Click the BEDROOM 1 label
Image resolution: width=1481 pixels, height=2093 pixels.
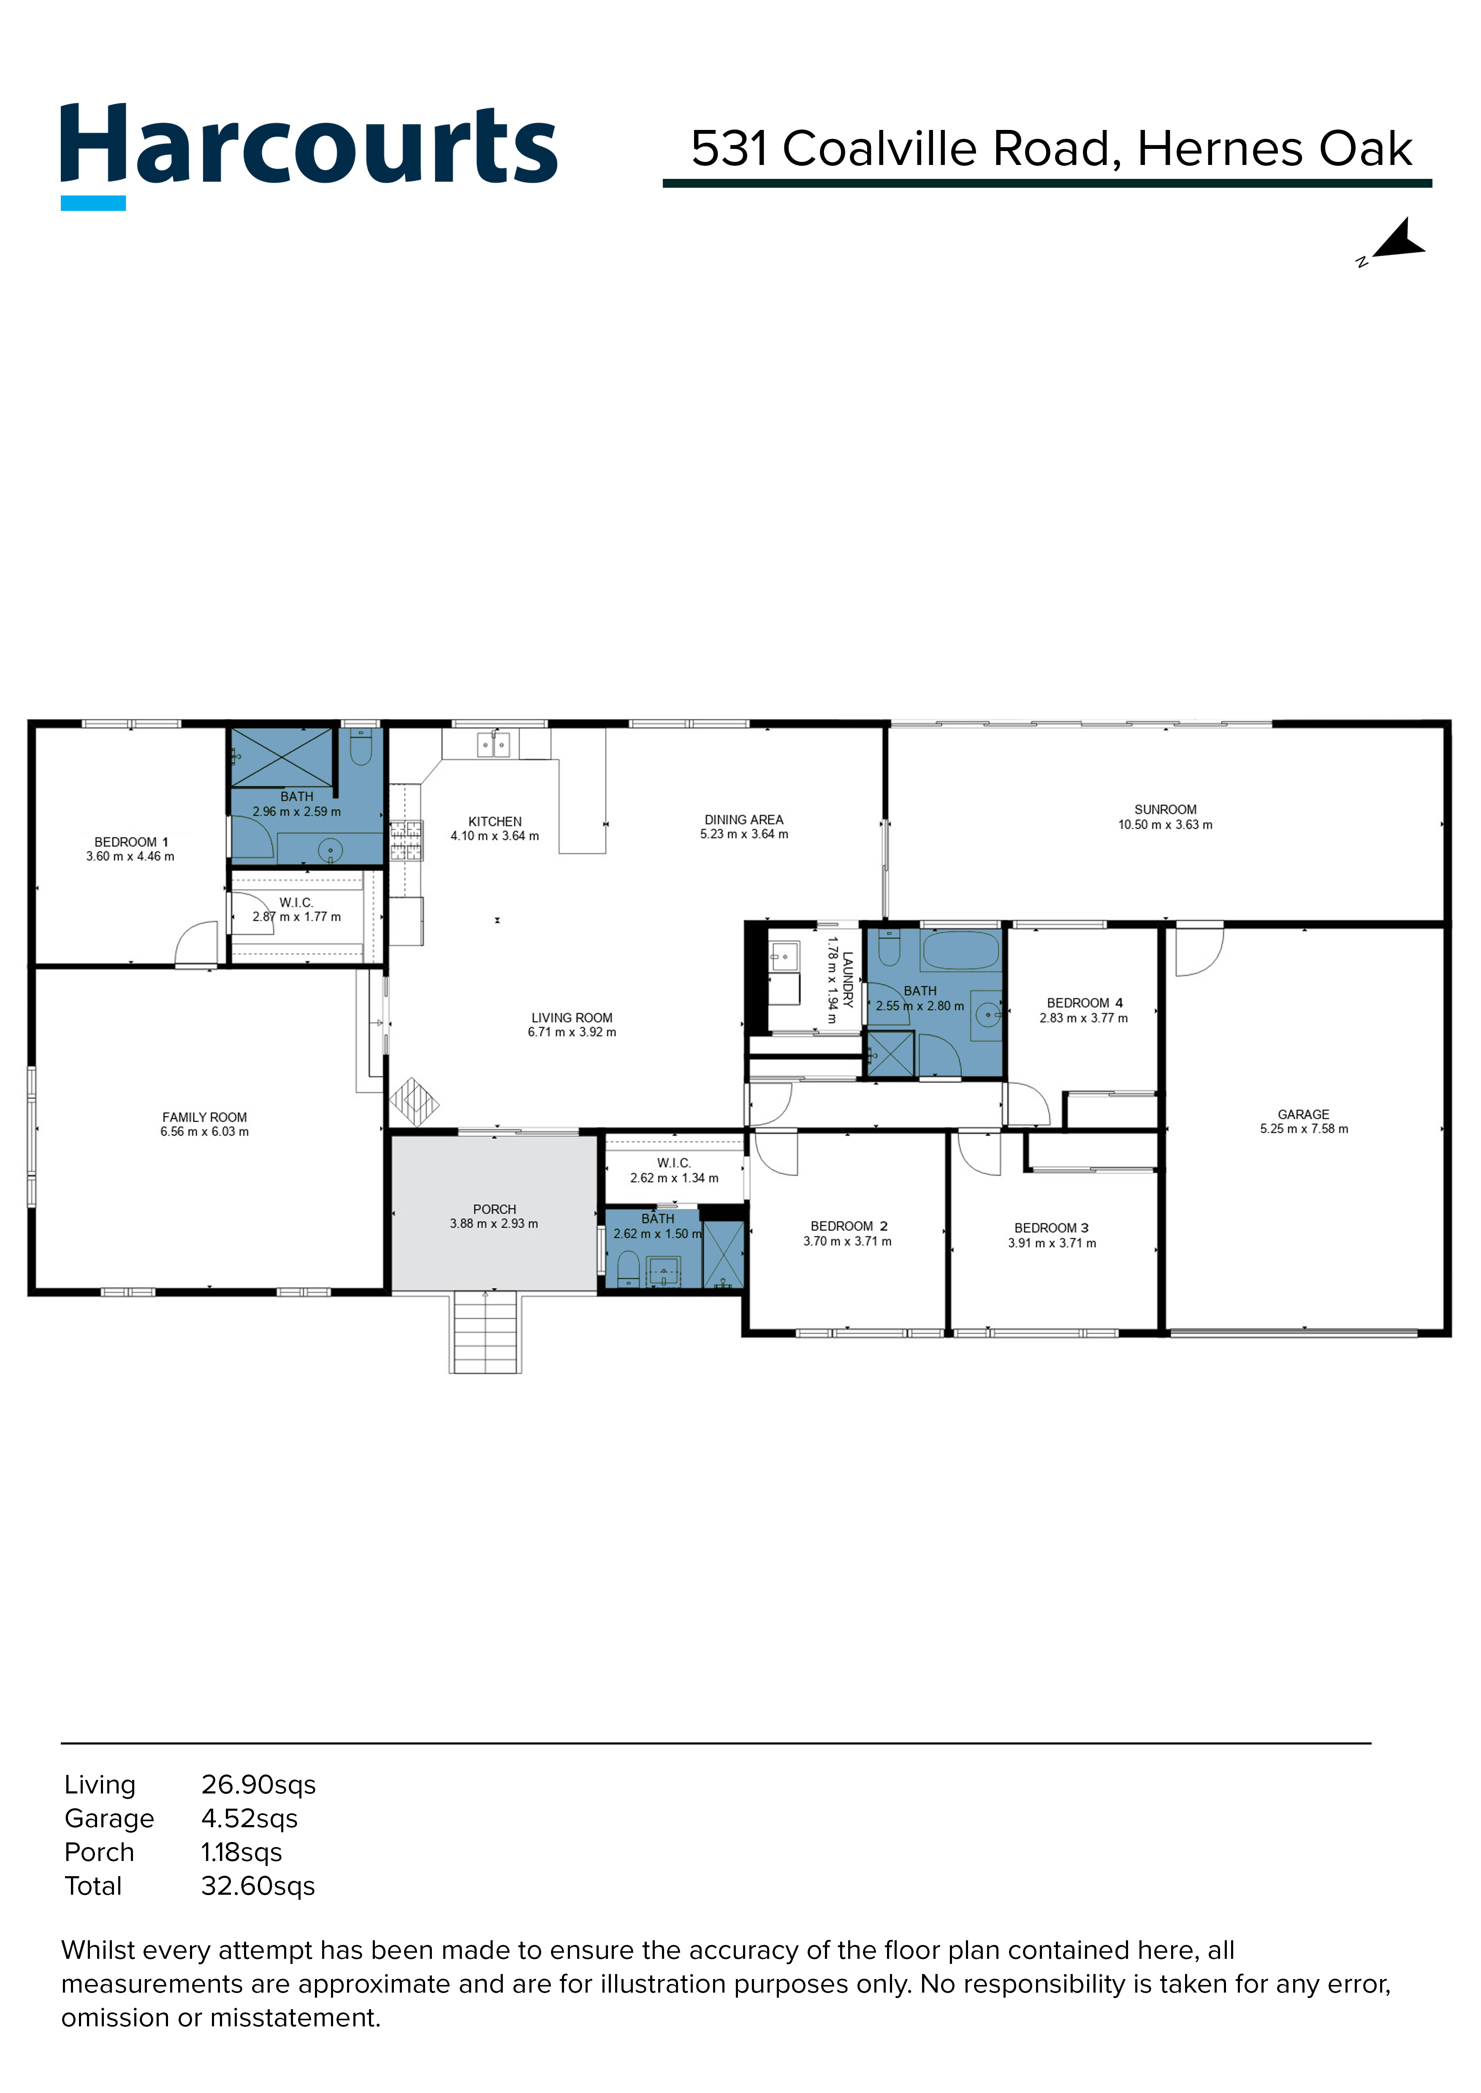click(x=130, y=841)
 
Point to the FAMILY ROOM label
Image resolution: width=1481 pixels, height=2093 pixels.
click(x=204, y=1117)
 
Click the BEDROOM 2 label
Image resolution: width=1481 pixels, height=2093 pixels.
click(x=848, y=1226)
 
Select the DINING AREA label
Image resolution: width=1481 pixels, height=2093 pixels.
click(x=743, y=819)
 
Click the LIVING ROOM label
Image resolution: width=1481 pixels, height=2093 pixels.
click(x=572, y=1017)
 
